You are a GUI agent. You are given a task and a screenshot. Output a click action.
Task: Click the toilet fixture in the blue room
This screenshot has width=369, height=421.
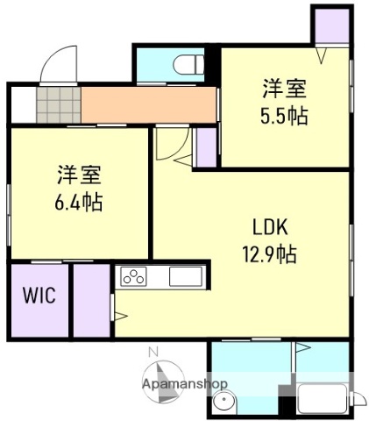pos(186,65)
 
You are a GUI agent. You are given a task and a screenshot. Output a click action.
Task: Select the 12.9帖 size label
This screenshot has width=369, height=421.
pos(271,254)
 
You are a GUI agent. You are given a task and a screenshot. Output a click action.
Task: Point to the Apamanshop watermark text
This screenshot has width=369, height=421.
pos(186,384)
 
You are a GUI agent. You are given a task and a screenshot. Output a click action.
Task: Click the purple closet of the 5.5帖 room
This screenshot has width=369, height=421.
pos(331,25)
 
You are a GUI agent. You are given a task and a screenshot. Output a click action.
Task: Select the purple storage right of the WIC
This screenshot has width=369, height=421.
pos(91,298)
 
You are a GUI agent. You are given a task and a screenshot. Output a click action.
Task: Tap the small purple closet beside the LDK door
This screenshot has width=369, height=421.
pos(207,147)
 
